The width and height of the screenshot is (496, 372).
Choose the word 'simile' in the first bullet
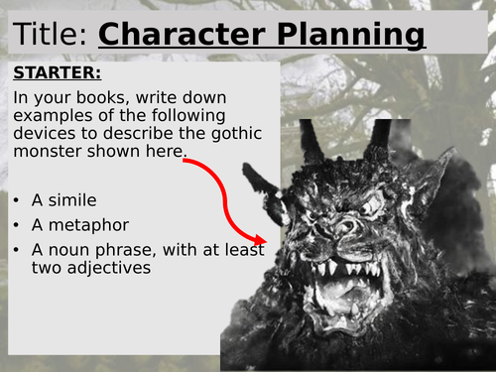click(77, 199)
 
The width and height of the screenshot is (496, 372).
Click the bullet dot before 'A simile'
click(18, 199)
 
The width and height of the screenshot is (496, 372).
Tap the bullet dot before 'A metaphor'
click(18, 224)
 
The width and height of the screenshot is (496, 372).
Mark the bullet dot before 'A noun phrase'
click(18, 249)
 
